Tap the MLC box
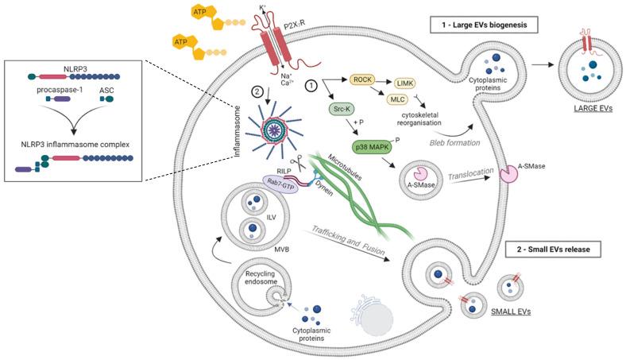(397, 99)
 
